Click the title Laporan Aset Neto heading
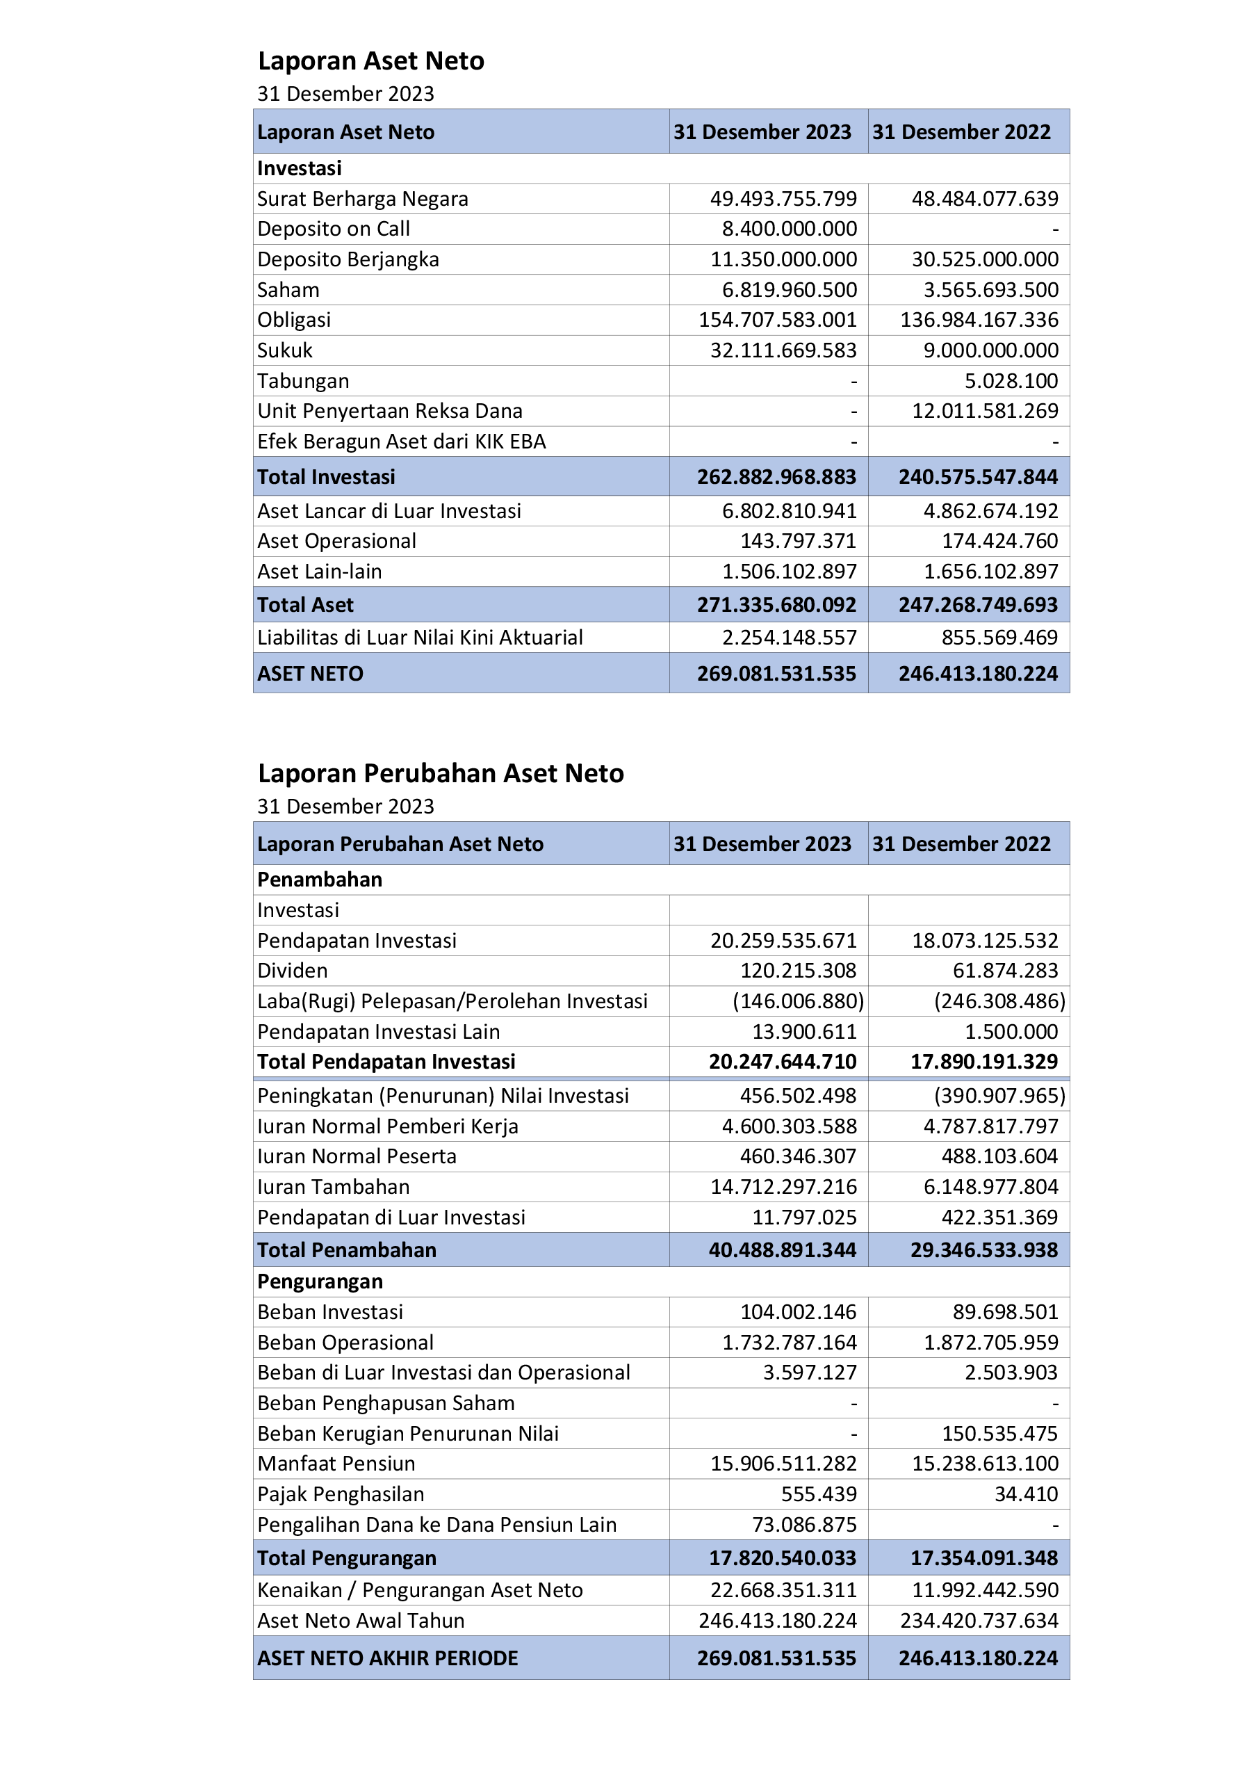370,60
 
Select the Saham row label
288,290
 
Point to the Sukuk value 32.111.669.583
783,350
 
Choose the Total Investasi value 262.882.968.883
776,477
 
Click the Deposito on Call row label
334,229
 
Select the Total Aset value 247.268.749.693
977,605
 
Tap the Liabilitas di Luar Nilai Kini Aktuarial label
419,638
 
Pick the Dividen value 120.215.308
798,971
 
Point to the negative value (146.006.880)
798,1001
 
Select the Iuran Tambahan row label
334,1187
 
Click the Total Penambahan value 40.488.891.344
782,1249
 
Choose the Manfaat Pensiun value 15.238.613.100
984,1464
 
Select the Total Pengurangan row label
347,1558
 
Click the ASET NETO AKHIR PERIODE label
388,1658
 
